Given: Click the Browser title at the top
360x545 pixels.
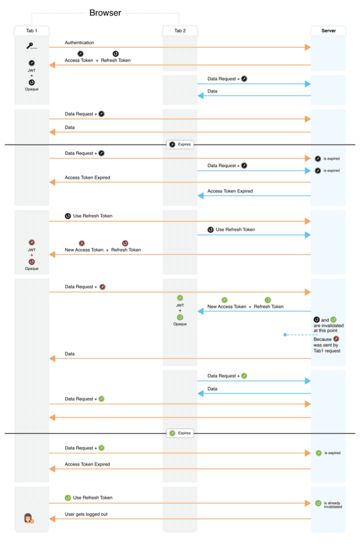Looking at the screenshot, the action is (x=105, y=13).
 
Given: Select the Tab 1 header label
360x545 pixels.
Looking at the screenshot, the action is (x=31, y=31).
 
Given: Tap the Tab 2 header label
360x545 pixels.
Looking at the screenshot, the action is (x=180, y=31).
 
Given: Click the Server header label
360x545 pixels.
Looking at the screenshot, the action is (x=329, y=31).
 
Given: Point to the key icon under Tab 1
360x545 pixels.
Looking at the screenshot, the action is (x=31, y=46).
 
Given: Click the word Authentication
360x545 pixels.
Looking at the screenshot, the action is (x=79, y=42).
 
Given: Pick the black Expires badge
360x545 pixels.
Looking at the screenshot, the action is (x=180, y=144).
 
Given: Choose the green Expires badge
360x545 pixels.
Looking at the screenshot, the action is (x=180, y=433).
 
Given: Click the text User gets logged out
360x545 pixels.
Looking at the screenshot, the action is (x=86, y=514).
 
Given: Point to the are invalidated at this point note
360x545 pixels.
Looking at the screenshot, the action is (x=329, y=325).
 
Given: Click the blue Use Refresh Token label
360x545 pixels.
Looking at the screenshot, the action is (x=235, y=230).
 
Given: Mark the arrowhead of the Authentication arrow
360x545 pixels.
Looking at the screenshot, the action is (x=307, y=47).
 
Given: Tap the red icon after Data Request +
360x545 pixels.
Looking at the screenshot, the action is (x=103, y=287).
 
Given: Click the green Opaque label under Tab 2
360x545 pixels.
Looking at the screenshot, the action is (x=180, y=324).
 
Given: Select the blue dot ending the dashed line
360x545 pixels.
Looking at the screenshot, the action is (x=285, y=335).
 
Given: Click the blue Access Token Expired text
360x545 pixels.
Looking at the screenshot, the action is (x=230, y=191).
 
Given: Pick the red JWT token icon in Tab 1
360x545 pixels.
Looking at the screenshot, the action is (x=31, y=243).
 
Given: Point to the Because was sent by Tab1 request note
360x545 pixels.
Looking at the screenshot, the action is (x=327, y=345).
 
